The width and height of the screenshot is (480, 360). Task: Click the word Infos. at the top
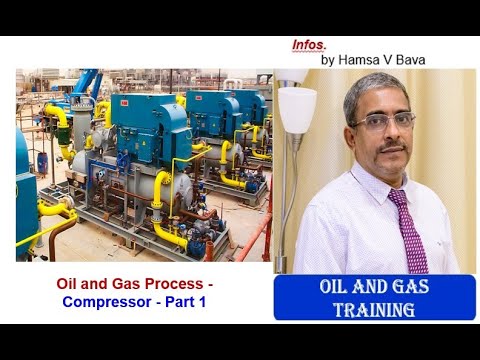(x=309, y=45)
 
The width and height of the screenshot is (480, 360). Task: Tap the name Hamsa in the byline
(x=357, y=60)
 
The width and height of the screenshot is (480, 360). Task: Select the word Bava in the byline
(x=408, y=60)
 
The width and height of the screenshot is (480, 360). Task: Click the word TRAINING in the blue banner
(x=374, y=309)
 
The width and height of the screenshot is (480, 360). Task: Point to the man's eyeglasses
(x=384, y=121)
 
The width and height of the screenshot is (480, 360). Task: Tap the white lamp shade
(x=296, y=108)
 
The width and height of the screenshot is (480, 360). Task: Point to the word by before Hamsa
(x=327, y=60)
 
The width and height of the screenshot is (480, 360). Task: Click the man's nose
(x=390, y=133)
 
